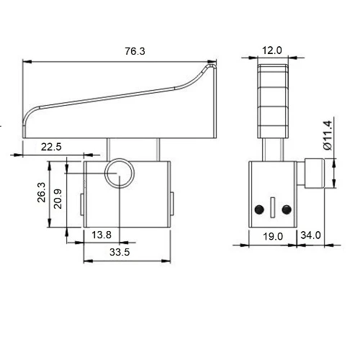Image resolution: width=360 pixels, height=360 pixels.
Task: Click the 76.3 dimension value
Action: click(x=135, y=51)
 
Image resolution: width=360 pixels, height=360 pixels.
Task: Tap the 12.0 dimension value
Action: click(x=272, y=50)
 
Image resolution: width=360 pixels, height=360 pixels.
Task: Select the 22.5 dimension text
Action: click(x=51, y=147)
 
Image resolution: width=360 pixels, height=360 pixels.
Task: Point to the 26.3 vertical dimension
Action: click(x=41, y=192)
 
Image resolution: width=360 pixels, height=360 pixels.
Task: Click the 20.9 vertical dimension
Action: click(x=58, y=199)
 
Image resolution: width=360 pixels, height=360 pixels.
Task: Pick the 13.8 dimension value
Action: click(x=102, y=235)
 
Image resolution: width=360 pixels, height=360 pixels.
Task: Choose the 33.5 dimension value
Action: click(x=120, y=252)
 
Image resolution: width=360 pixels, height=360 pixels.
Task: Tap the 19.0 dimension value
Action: click(x=273, y=236)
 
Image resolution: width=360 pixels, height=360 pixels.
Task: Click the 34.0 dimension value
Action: click(x=310, y=235)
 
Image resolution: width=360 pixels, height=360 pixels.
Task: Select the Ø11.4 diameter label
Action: click(x=328, y=135)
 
